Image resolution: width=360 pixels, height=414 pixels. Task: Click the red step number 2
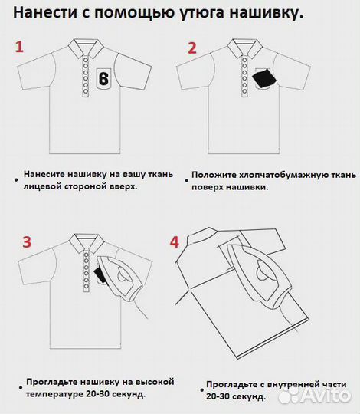[x=191, y=47]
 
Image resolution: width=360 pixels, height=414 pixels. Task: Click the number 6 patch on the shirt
[x=104, y=78]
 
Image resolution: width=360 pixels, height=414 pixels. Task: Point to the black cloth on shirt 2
[x=263, y=78]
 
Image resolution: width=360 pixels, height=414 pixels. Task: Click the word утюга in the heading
[x=188, y=13]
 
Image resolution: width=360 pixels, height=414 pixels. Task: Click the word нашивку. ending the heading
[x=263, y=13]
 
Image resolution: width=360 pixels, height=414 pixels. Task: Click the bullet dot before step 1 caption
[x=15, y=179]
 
